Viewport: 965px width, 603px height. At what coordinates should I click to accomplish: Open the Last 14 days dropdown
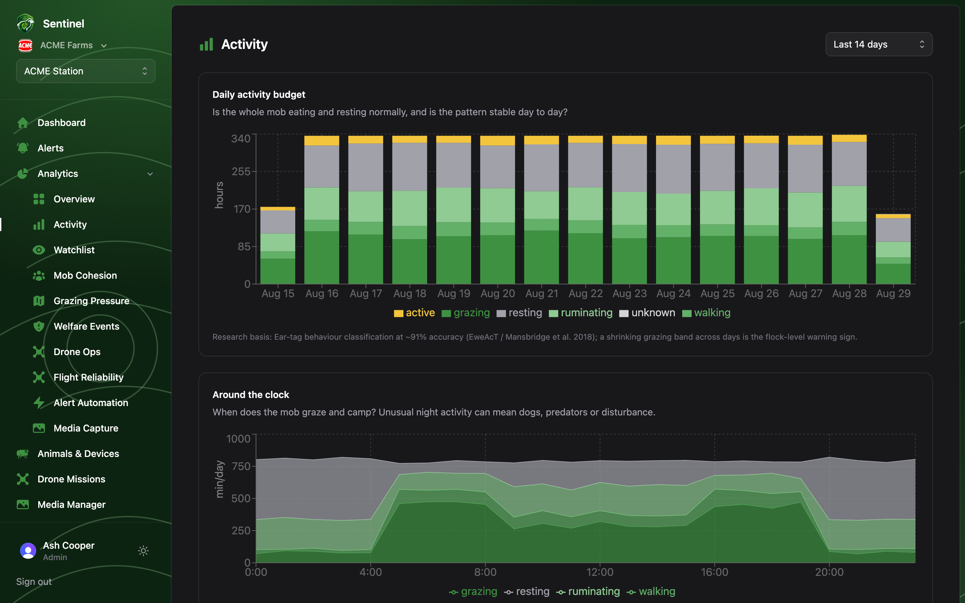click(879, 44)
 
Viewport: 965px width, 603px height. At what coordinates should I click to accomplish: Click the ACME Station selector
click(86, 71)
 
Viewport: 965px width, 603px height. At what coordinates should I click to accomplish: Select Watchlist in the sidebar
click(74, 250)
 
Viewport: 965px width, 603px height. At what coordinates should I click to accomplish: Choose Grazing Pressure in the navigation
click(91, 301)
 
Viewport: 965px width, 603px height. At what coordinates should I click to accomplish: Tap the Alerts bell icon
click(23, 148)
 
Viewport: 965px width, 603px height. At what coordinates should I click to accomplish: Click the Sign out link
click(34, 582)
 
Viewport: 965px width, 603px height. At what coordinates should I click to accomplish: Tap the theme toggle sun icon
click(143, 551)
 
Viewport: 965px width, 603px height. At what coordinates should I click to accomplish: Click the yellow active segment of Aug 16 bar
click(322, 141)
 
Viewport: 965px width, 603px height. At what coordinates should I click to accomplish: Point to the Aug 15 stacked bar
click(278, 245)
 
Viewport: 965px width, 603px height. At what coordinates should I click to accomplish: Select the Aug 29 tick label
click(893, 293)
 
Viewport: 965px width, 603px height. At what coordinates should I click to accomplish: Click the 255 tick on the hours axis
click(241, 172)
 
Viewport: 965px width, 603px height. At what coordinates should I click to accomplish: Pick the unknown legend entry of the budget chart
click(647, 313)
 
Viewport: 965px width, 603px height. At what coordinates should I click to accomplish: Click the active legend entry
click(414, 313)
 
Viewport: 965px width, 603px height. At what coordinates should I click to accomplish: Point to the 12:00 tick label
click(600, 572)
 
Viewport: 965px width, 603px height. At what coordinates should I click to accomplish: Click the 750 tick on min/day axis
click(241, 466)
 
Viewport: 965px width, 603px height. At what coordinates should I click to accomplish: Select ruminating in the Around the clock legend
click(588, 591)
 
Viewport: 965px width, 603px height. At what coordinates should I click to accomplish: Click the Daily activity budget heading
click(259, 94)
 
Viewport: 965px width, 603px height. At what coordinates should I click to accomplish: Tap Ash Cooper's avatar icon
click(28, 551)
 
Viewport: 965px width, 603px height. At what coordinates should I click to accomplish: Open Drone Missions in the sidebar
click(71, 479)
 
